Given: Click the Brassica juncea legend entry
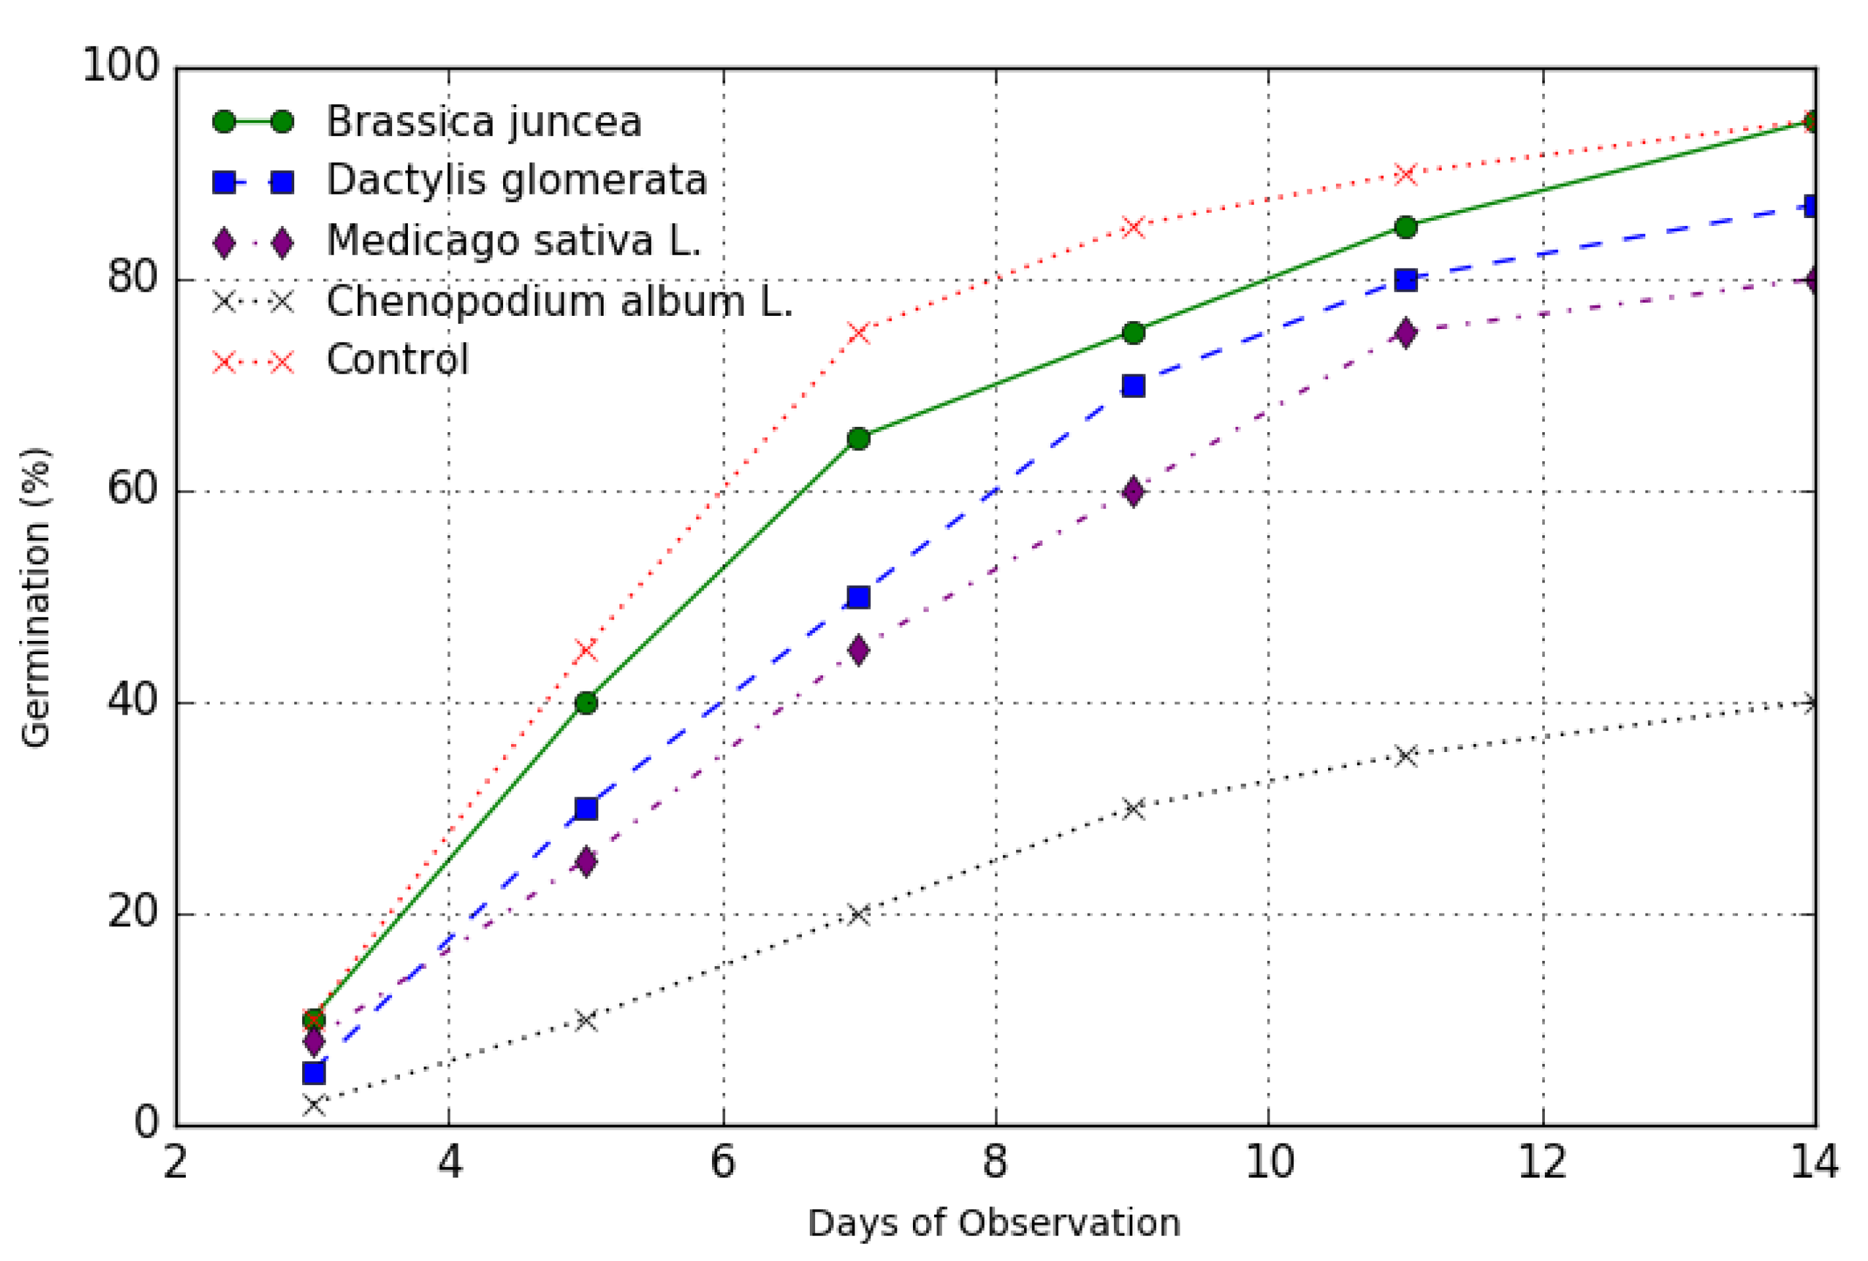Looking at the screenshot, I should pyautogui.click(x=483, y=122).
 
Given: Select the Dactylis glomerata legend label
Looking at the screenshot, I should pyautogui.click(x=516, y=180).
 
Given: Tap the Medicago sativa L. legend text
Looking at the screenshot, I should pyautogui.click(x=513, y=240).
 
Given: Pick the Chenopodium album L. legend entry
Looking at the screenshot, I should pyautogui.click(x=559, y=301).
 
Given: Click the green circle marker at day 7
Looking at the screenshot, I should pyautogui.click(x=858, y=439).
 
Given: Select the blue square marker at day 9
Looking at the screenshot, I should pyautogui.click(x=1133, y=386).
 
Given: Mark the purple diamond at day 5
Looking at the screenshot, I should pyautogui.click(x=587, y=862).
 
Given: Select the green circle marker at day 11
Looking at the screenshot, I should pyautogui.click(x=1405, y=227).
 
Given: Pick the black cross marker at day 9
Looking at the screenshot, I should pyautogui.click(x=1133, y=808).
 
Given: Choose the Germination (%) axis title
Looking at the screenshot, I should pyautogui.click(x=36, y=597).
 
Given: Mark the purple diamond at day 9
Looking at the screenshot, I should pyautogui.click(x=1133, y=492).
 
